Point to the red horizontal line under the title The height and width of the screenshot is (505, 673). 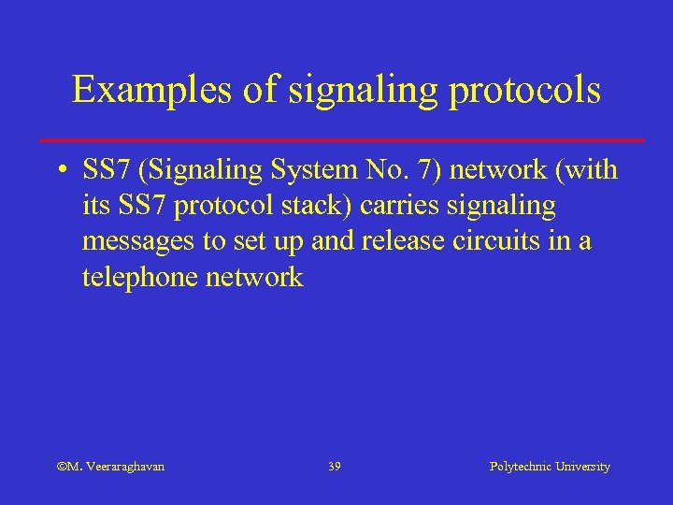click(x=342, y=139)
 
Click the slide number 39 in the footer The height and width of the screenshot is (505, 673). click(x=335, y=466)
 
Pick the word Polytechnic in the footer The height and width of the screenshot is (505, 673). click(x=521, y=466)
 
